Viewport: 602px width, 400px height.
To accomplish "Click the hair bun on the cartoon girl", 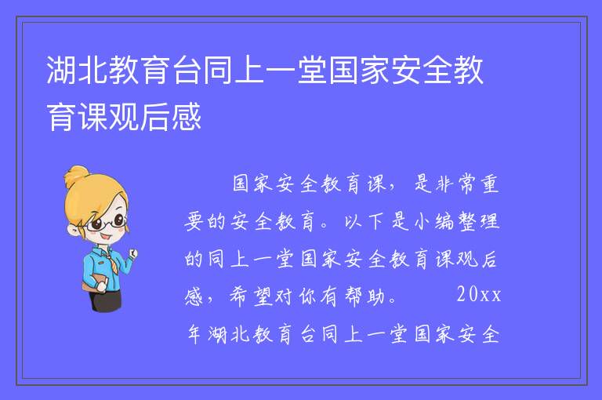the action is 76,176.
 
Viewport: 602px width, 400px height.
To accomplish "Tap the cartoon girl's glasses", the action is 106,224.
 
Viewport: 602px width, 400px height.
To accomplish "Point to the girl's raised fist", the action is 132,253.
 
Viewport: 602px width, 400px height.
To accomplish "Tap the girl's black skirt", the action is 106,300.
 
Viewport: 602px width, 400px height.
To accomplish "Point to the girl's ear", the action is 73,229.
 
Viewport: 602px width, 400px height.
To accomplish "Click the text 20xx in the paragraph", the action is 479,295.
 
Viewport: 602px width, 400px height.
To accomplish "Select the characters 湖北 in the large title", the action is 77,70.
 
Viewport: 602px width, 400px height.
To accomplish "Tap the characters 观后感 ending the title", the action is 155,117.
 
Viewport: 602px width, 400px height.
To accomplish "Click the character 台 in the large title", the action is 187,70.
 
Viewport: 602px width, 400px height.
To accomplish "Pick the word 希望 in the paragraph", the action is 251,296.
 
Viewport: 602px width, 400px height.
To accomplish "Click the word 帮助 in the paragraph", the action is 364,296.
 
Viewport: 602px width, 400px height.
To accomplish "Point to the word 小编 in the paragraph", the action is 435,221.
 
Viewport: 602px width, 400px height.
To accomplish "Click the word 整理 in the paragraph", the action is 479,221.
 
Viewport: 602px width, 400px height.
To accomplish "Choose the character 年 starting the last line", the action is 194,334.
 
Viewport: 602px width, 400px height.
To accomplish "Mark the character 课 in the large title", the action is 93,117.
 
